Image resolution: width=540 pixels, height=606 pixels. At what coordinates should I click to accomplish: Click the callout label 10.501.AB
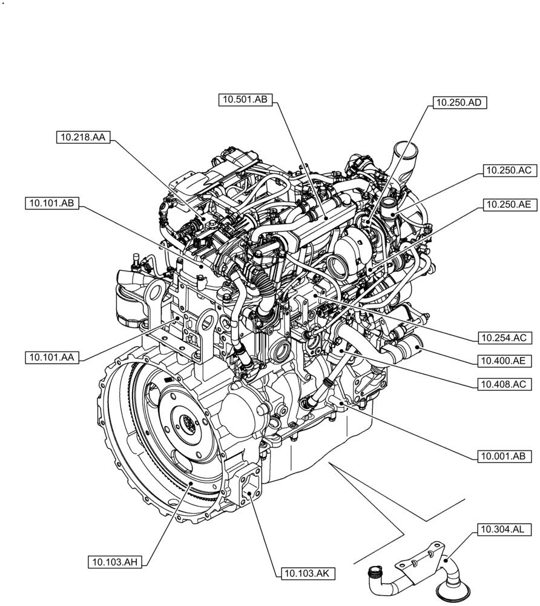(x=246, y=101)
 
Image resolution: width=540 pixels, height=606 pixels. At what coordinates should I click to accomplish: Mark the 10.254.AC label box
(x=504, y=337)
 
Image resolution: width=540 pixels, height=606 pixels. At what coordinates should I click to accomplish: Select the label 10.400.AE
(x=504, y=361)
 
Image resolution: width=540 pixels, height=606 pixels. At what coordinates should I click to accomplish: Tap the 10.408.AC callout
(x=504, y=384)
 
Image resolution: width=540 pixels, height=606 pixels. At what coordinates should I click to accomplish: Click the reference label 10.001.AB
(x=504, y=456)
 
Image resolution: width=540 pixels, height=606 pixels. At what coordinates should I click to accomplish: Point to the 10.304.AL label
(x=504, y=529)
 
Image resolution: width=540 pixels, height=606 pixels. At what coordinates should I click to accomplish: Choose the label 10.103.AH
(x=116, y=562)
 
